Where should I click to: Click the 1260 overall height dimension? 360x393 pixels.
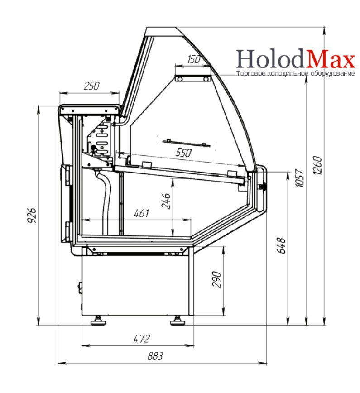coord(317,165)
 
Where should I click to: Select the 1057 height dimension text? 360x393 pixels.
coord(300,178)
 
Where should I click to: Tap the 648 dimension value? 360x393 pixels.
coord(281,245)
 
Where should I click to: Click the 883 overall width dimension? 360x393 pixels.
coord(155,356)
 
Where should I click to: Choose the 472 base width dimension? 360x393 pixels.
coord(142,339)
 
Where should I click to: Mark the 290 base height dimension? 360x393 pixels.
coord(216,279)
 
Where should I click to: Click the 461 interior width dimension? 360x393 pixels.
coord(142,213)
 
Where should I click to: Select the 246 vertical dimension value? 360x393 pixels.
coord(166,201)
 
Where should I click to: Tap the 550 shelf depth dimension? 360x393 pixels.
coord(184,153)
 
